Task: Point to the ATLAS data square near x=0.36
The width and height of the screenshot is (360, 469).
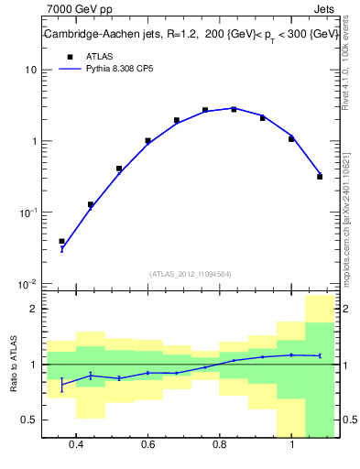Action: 62,241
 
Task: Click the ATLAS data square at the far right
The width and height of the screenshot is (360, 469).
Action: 320,176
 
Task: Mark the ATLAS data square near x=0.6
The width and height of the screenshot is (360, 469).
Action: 147,141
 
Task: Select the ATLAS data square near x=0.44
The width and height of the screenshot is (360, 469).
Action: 91,204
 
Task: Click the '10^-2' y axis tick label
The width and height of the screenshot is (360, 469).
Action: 27,284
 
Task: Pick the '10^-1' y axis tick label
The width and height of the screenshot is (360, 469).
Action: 27,213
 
